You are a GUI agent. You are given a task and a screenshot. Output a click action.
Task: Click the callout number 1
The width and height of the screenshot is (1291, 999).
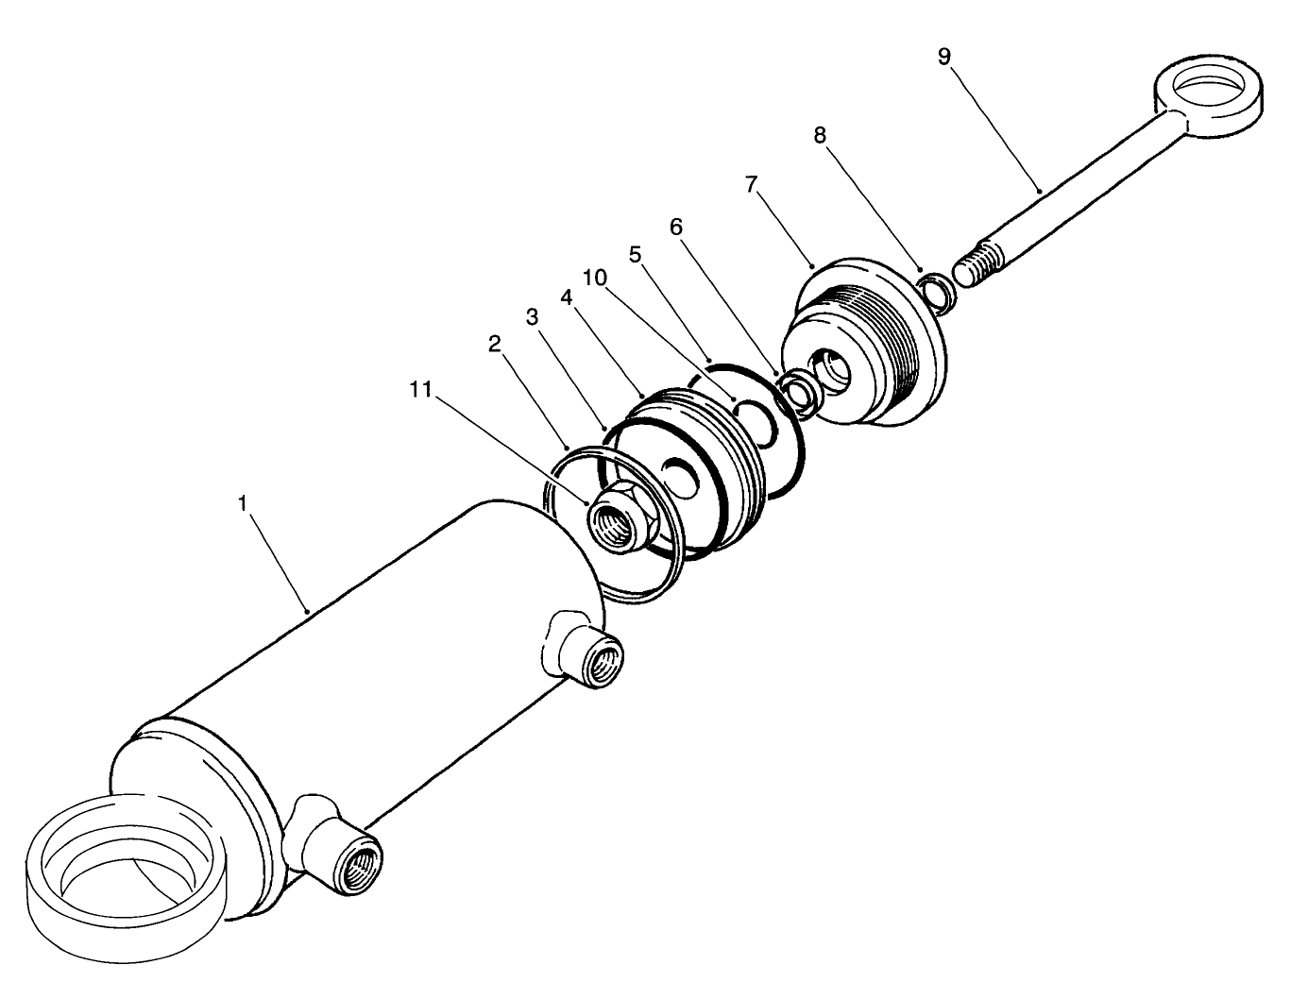[x=243, y=504]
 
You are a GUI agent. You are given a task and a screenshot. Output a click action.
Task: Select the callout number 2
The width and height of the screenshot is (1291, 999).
[x=494, y=344]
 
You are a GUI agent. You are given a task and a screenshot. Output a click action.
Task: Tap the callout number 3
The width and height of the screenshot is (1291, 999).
[x=532, y=316]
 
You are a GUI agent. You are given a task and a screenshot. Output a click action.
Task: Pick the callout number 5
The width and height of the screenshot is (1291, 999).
[x=635, y=254]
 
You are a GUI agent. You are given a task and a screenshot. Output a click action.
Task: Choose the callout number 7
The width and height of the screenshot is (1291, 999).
[x=751, y=183]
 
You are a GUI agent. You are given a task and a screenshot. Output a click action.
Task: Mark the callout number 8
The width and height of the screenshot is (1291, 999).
[x=820, y=135]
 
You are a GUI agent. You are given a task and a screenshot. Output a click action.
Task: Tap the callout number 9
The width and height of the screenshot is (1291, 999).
[x=944, y=56]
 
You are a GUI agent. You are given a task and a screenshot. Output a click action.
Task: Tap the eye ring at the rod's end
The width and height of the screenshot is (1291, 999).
[x=1204, y=98]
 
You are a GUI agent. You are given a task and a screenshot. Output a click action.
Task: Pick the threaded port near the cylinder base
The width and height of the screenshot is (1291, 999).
[x=352, y=859]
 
